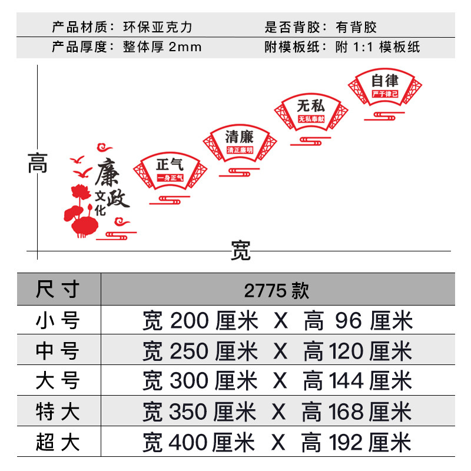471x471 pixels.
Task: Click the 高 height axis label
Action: click(38, 163)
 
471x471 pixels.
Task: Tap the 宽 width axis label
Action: click(240, 251)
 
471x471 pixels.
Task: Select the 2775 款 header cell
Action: click(277, 290)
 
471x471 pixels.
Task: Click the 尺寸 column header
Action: click(58, 290)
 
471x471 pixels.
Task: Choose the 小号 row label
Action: click(58, 321)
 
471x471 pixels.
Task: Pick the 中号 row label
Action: click(58, 351)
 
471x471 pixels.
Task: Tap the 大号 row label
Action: click(58, 382)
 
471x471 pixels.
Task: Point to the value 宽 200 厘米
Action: click(200, 321)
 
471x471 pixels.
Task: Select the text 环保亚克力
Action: click(158, 27)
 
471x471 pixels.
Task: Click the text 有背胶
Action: click(356, 27)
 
